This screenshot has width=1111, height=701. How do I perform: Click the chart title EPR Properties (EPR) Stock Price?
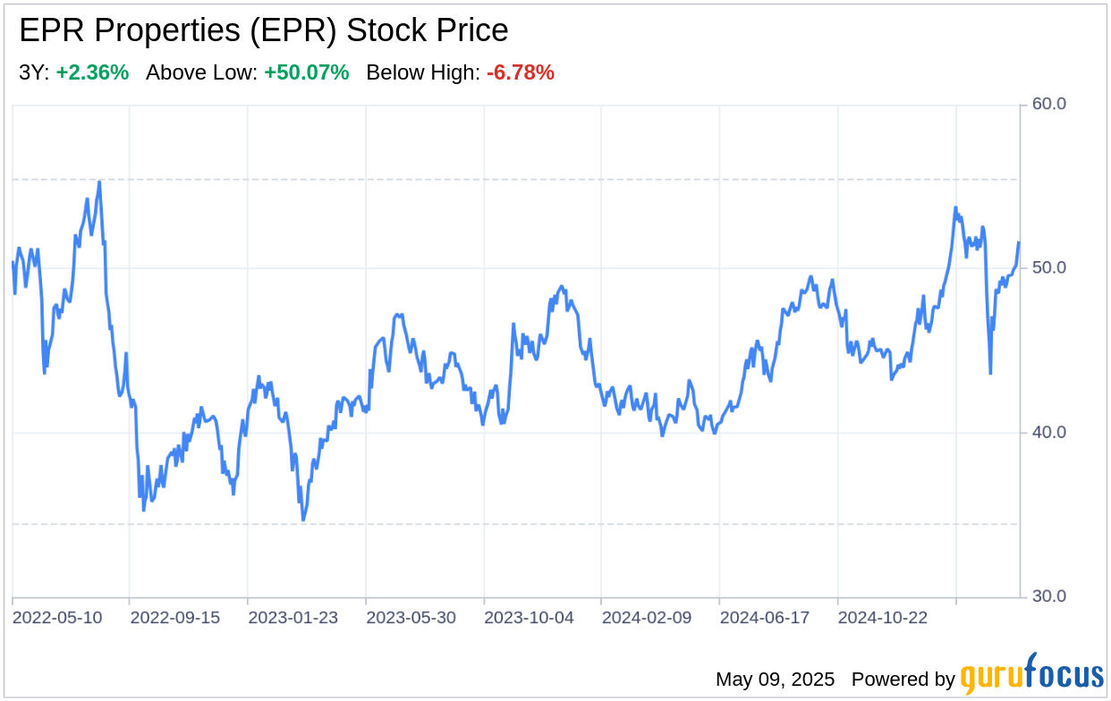pos(263,31)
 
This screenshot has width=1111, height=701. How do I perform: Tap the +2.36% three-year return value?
pos(92,73)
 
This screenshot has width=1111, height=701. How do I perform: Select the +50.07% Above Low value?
pos(306,73)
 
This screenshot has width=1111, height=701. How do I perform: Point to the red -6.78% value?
pos(521,73)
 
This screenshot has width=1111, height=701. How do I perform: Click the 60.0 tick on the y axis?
pos(1049,105)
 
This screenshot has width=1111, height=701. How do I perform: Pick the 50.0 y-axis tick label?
pos(1049,268)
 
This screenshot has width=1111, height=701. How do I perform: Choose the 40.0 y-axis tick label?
pos(1049,433)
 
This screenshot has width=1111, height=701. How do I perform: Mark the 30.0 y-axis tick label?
pos(1049,596)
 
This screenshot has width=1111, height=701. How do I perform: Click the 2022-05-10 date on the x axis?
pos(57,618)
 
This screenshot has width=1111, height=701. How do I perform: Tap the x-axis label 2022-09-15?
pos(175,618)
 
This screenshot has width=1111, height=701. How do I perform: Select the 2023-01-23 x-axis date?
pos(293,618)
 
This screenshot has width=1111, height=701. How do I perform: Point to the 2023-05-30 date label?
pos(411,618)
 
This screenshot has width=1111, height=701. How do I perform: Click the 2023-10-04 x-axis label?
pos(530,618)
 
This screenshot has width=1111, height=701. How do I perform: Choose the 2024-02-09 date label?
pos(648,618)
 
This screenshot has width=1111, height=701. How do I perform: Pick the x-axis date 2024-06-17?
pos(766,618)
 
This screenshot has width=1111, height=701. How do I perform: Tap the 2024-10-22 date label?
pos(884,618)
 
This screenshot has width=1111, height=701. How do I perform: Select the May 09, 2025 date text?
pos(775,680)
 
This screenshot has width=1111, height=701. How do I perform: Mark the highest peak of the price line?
pos(99,182)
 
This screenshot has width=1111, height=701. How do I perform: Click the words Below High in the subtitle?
pos(423,73)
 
